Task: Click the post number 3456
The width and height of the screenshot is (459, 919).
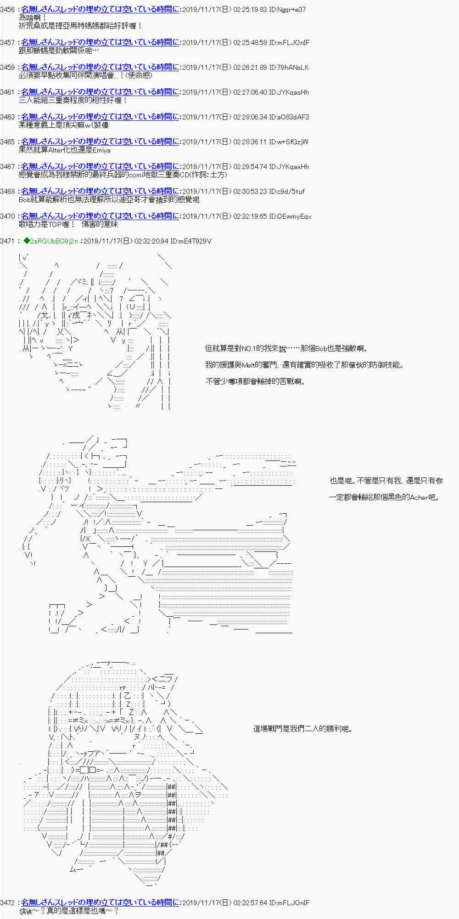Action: coord(8,9)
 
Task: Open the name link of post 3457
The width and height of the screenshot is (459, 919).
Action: coord(100,42)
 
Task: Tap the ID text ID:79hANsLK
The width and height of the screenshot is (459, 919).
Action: coord(289,67)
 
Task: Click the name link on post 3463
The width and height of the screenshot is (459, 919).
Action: coord(100,117)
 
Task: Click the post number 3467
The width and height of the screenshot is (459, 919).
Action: coord(8,166)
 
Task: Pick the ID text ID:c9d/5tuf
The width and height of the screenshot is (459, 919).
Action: coord(287,191)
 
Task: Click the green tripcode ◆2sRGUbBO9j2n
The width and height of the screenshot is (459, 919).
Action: coord(50,241)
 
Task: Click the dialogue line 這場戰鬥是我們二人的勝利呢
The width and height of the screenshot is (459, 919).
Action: coord(302,729)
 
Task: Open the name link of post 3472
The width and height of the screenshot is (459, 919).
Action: coord(100,902)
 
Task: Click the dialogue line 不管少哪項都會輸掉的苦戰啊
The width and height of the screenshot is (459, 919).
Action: coord(255,381)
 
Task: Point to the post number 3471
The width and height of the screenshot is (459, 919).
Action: coord(8,241)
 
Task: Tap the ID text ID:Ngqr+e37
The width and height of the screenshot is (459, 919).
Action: coord(288,9)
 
